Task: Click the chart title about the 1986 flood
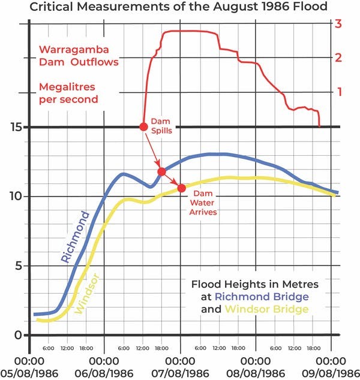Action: (x=180, y=7)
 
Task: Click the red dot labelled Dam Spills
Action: (x=143, y=126)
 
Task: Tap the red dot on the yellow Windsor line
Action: (x=181, y=188)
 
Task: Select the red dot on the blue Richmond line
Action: (x=161, y=172)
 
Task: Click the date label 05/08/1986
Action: (x=29, y=373)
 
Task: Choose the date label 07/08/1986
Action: (x=180, y=373)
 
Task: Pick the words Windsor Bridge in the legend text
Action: (x=267, y=309)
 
